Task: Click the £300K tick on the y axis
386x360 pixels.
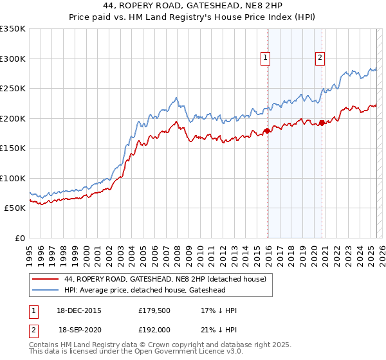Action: click(13, 59)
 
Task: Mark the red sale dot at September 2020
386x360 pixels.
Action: click(322, 123)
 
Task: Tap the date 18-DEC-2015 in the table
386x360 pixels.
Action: click(80, 310)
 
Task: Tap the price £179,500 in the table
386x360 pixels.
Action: click(153, 310)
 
